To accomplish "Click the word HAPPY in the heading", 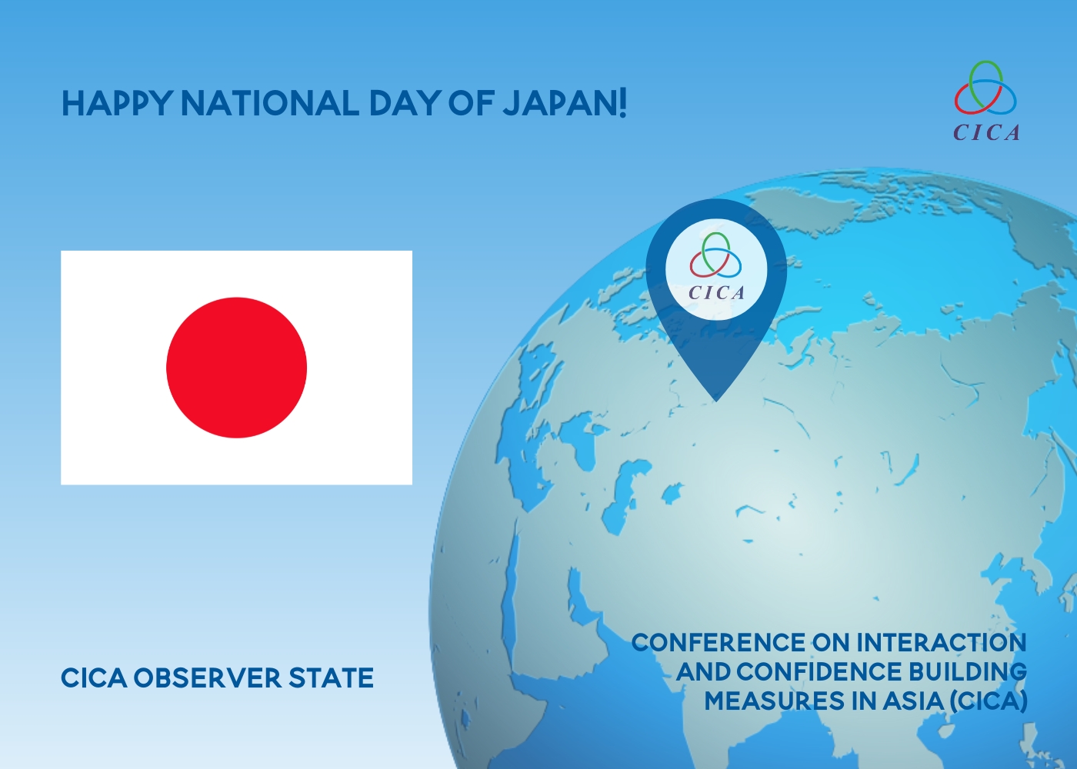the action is (116, 103).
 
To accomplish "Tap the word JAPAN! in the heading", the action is (565, 103).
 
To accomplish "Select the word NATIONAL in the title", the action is (270, 103).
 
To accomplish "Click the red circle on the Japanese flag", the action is (237, 368).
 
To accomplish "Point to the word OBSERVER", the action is (207, 678).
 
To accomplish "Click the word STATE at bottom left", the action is (331, 678).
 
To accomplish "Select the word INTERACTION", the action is (942, 643).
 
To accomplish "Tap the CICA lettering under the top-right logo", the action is (986, 132).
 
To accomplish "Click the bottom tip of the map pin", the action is (716, 401).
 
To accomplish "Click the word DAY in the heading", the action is (403, 103).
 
